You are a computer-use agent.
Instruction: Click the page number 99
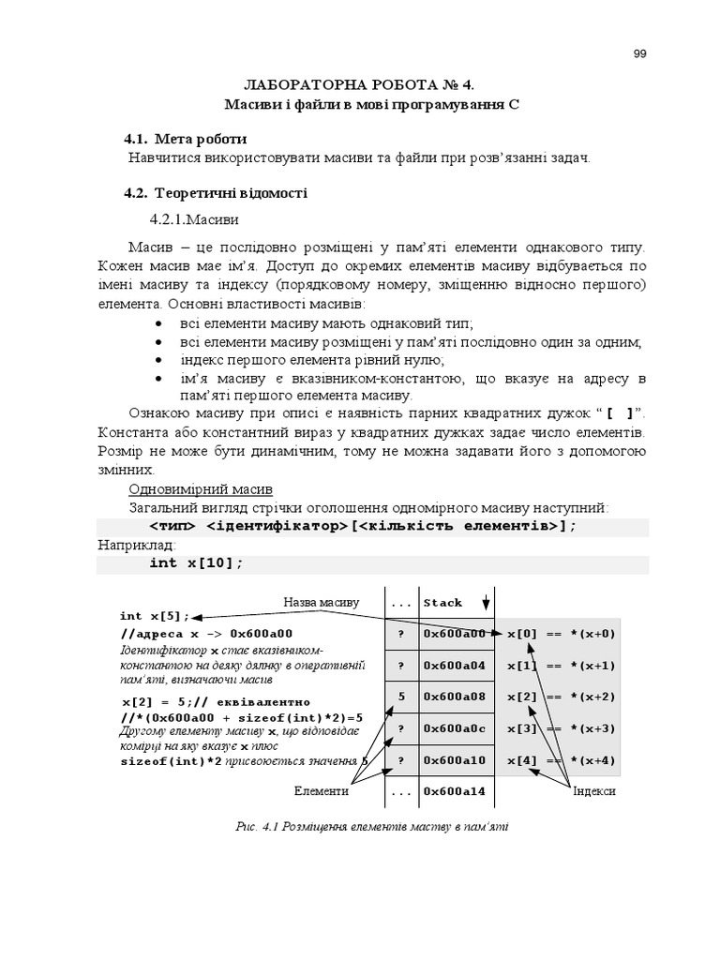pyautogui.click(x=639, y=53)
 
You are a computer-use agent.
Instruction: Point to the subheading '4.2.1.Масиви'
pyautogui.click(x=194, y=219)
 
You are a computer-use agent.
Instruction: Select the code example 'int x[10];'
pyautogui.click(x=196, y=562)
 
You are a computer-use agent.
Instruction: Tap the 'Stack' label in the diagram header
pyautogui.click(x=442, y=603)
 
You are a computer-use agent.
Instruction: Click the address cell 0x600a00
pyautogui.click(x=455, y=634)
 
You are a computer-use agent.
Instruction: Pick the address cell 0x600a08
pyautogui.click(x=455, y=697)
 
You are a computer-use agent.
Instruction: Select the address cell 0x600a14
pyautogui.click(x=455, y=791)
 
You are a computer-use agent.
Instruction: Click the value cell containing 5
pyautogui.click(x=401, y=697)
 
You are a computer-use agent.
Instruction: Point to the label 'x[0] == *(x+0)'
pyautogui.click(x=561, y=634)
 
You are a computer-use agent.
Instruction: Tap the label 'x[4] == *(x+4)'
pyautogui.click(x=561, y=760)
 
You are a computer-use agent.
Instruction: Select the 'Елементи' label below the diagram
pyautogui.click(x=322, y=791)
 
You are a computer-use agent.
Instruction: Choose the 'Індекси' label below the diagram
pyautogui.click(x=594, y=791)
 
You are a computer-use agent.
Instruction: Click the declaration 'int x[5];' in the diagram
pyautogui.click(x=155, y=616)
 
